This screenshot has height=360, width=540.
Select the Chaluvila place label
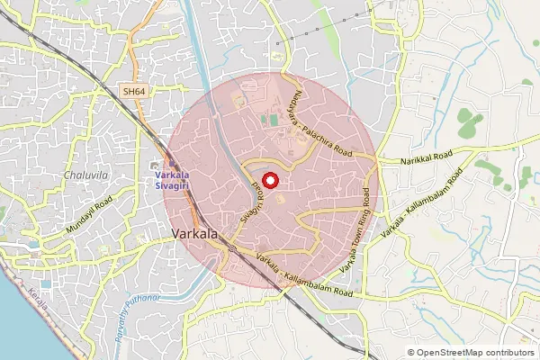[x=84, y=175]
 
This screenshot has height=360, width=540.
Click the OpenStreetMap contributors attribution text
[x=476, y=353]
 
